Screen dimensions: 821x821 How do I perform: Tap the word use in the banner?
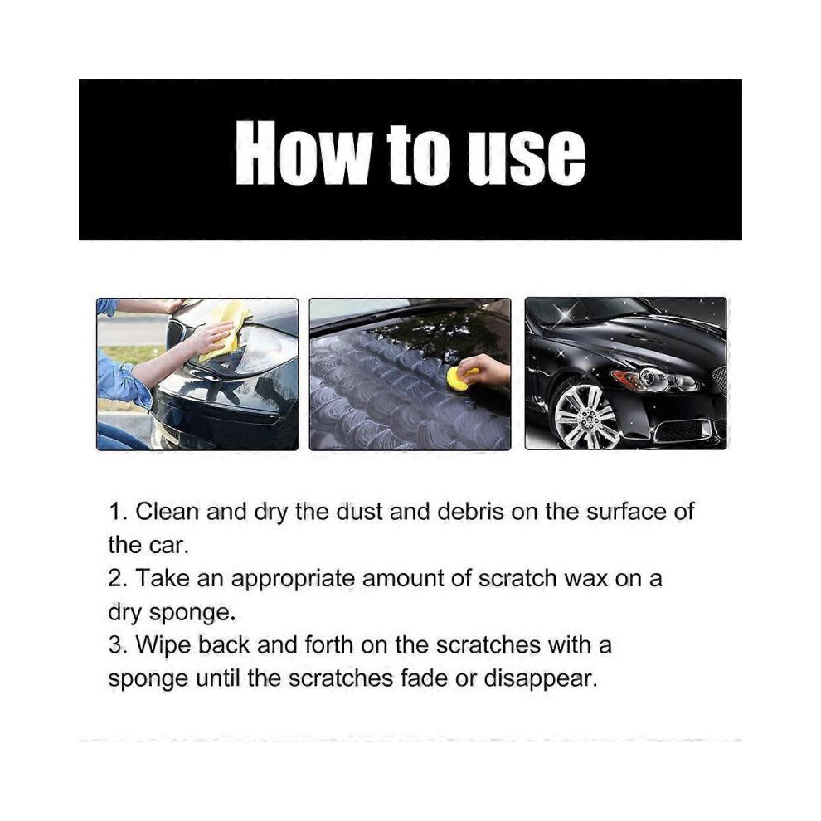coord(527,156)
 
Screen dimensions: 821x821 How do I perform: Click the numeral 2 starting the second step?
coord(114,579)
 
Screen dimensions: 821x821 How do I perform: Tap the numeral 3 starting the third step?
coord(114,645)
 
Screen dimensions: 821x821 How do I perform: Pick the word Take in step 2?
coord(163,579)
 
